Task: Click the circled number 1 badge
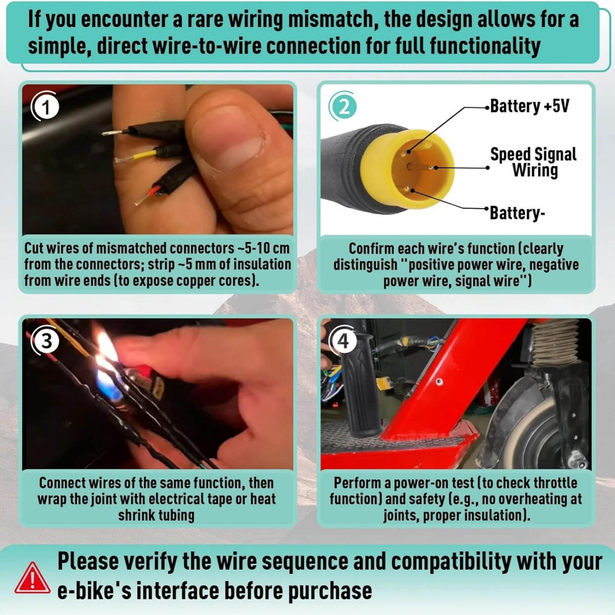pyautogui.click(x=46, y=106)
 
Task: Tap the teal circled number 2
pyautogui.click(x=343, y=106)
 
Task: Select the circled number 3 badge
pyautogui.click(x=46, y=341)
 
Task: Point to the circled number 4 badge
pyautogui.click(x=343, y=341)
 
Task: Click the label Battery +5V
pyautogui.click(x=529, y=106)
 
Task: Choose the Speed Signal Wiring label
pyautogui.click(x=534, y=162)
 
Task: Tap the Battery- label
pyautogui.click(x=517, y=213)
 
